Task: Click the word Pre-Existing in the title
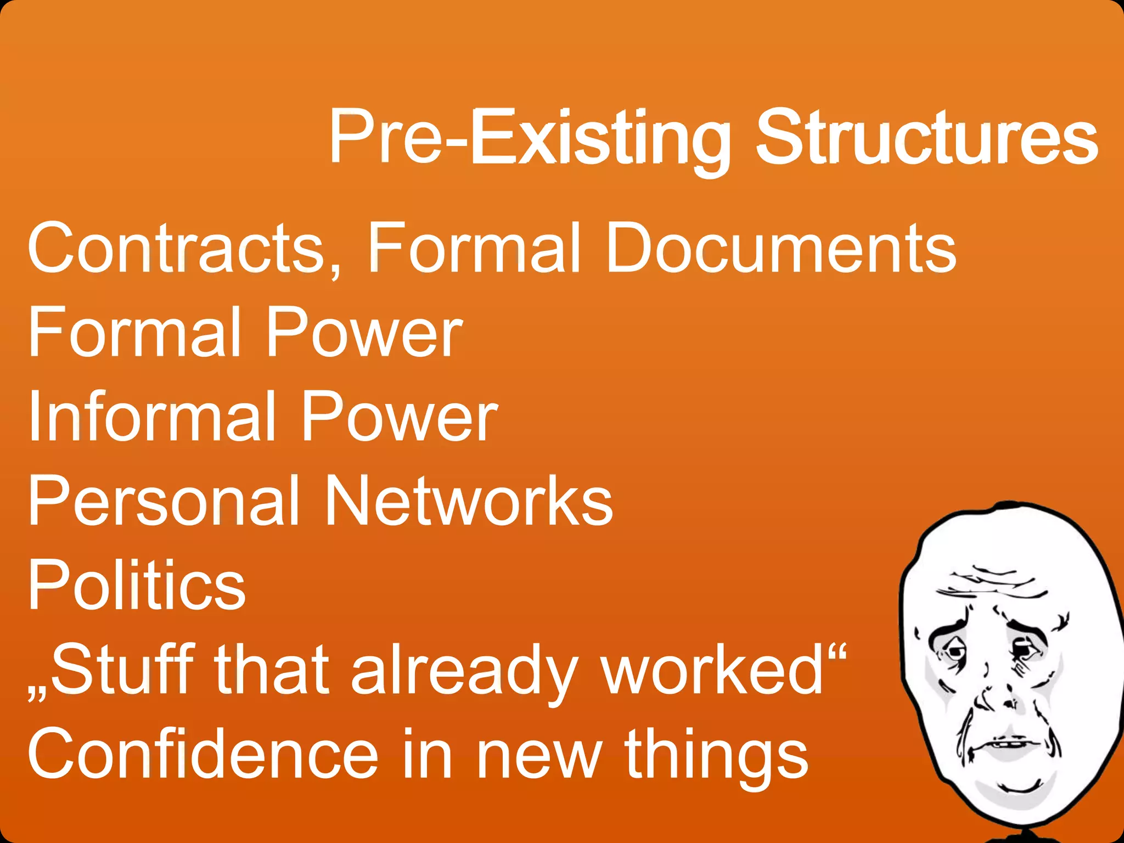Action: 530,137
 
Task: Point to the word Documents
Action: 781,248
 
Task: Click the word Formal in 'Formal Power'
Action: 134,333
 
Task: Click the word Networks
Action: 469,501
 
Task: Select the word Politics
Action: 137,585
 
